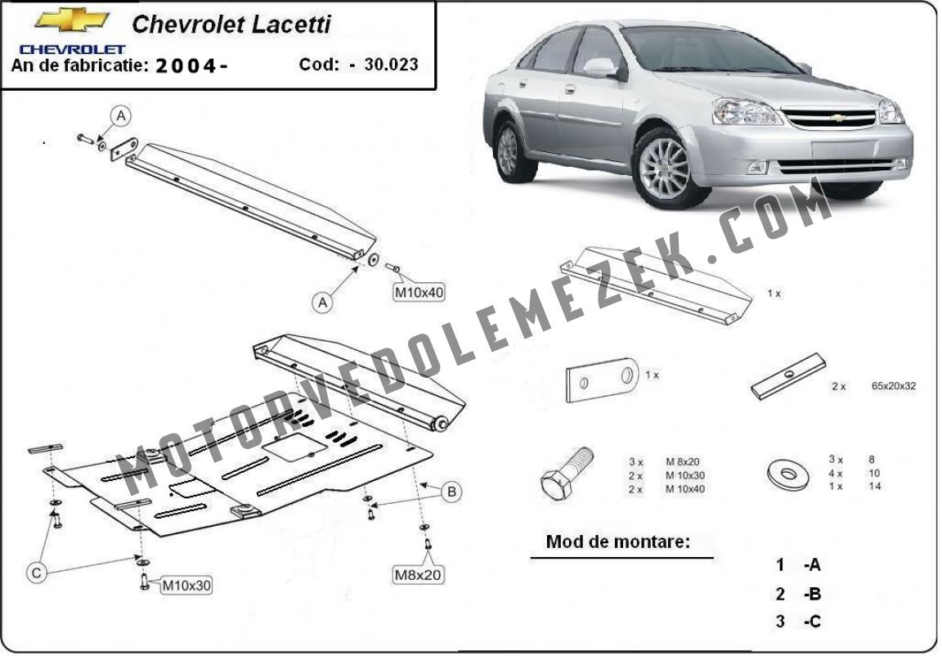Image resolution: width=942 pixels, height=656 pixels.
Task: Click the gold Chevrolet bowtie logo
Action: pyautogui.click(x=72, y=20)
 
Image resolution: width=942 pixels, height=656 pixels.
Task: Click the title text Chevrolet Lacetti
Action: pyautogui.click(x=231, y=24)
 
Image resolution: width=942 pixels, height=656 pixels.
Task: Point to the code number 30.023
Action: pyautogui.click(x=391, y=65)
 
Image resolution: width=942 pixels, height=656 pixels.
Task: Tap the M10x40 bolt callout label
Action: pyautogui.click(x=419, y=293)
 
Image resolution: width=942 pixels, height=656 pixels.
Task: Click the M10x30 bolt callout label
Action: pyautogui.click(x=186, y=585)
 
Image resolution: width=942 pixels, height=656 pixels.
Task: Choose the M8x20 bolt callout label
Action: pyautogui.click(x=418, y=575)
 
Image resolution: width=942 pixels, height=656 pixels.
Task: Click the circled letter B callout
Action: pyautogui.click(x=451, y=492)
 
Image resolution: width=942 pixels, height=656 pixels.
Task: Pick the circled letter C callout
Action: pyautogui.click(x=37, y=573)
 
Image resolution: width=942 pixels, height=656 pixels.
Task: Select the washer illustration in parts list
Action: pyautogui.click(x=789, y=474)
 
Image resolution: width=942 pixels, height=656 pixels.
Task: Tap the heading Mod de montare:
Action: pyautogui.click(x=618, y=541)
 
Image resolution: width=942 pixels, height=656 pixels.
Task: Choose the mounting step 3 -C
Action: pyautogui.click(x=798, y=621)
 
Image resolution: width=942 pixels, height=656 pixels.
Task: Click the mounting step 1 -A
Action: pyautogui.click(x=798, y=564)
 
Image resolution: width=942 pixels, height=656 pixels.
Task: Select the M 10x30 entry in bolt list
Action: pyautogui.click(x=685, y=475)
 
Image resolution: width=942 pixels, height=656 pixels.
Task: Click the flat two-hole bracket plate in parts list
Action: pyautogui.click(x=602, y=380)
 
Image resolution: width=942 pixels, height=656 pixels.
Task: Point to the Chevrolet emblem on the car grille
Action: pyautogui.click(x=839, y=118)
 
